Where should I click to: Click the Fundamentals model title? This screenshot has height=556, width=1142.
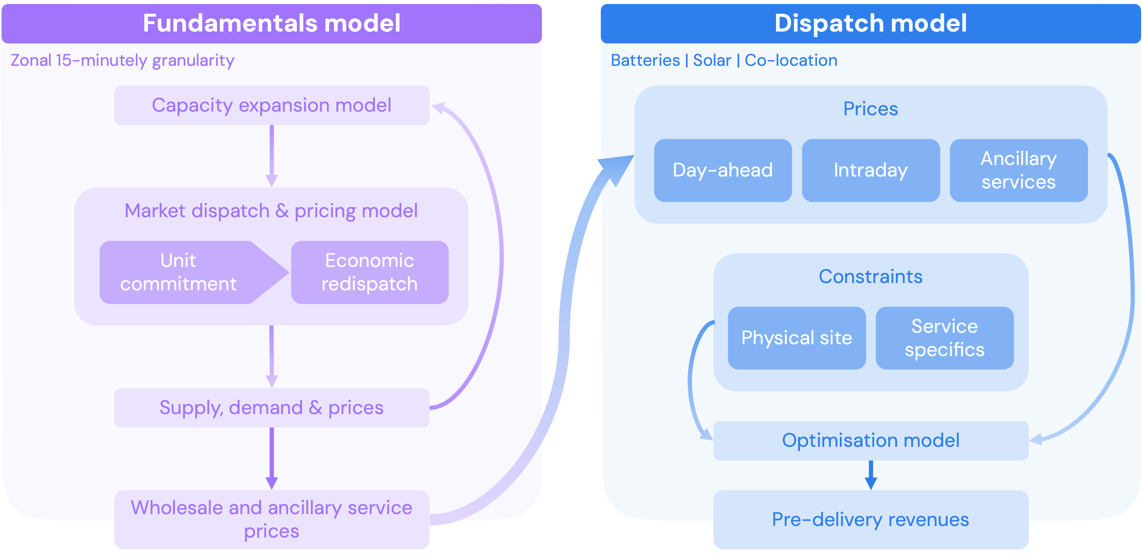click(271, 23)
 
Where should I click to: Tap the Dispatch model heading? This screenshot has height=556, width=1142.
click(870, 23)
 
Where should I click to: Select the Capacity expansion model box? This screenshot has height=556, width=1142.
click(271, 106)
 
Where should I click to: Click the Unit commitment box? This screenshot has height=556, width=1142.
click(178, 272)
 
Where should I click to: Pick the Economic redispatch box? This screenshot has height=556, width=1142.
click(369, 272)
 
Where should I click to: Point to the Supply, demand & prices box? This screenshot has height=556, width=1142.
click(271, 408)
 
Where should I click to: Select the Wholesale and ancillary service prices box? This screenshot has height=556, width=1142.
click(271, 519)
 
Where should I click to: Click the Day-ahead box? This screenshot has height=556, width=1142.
click(722, 170)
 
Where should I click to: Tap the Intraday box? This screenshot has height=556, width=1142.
click(870, 170)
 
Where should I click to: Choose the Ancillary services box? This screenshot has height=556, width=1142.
click(1018, 170)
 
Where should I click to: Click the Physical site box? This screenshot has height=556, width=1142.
click(796, 338)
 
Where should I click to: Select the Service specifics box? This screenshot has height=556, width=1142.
click(944, 338)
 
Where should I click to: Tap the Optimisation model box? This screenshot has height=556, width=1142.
click(870, 440)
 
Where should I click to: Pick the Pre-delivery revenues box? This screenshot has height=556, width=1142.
click(870, 519)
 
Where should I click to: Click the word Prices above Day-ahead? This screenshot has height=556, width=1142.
click(870, 109)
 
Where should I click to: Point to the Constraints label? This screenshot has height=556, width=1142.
click(870, 276)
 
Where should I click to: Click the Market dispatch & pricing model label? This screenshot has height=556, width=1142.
click(271, 211)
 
